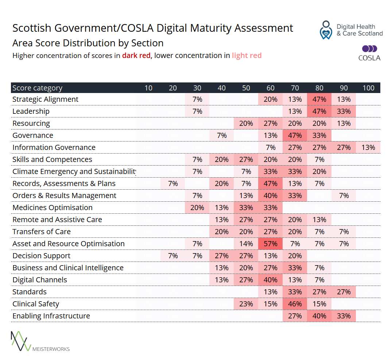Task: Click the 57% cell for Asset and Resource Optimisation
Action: tap(271, 244)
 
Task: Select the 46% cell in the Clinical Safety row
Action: tap(295, 304)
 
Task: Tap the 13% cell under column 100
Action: tap(368, 147)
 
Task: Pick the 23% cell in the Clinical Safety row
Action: tap(246, 304)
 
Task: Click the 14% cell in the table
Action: tap(246, 244)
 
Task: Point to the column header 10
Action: tap(148, 88)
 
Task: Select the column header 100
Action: tap(368, 88)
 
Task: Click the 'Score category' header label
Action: tap(37, 88)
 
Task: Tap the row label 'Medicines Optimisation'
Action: tap(53, 208)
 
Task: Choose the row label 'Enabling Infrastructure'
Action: tap(51, 316)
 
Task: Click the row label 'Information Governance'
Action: tap(54, 147)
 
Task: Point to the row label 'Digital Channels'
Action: tap(40, 280)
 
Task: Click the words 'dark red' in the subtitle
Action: tap(136, 56)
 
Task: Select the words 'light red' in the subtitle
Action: tap(247, 56)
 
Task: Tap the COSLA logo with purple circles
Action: tap(369, 53)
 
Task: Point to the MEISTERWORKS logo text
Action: tap(51, 349)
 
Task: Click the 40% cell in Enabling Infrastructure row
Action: tap(319, 316)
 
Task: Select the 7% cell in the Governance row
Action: tap(222, 135)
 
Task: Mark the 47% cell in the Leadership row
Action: tap(319, 111)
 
